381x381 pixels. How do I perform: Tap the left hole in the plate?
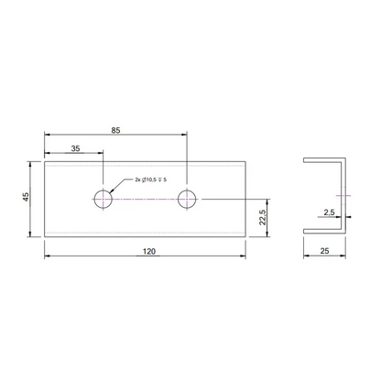[x=104, y=198]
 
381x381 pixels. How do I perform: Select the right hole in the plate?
[x=188, y=198]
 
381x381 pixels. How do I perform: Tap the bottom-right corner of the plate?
[x=245, y=235]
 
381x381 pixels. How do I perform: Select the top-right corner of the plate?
[x=245, y=161]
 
